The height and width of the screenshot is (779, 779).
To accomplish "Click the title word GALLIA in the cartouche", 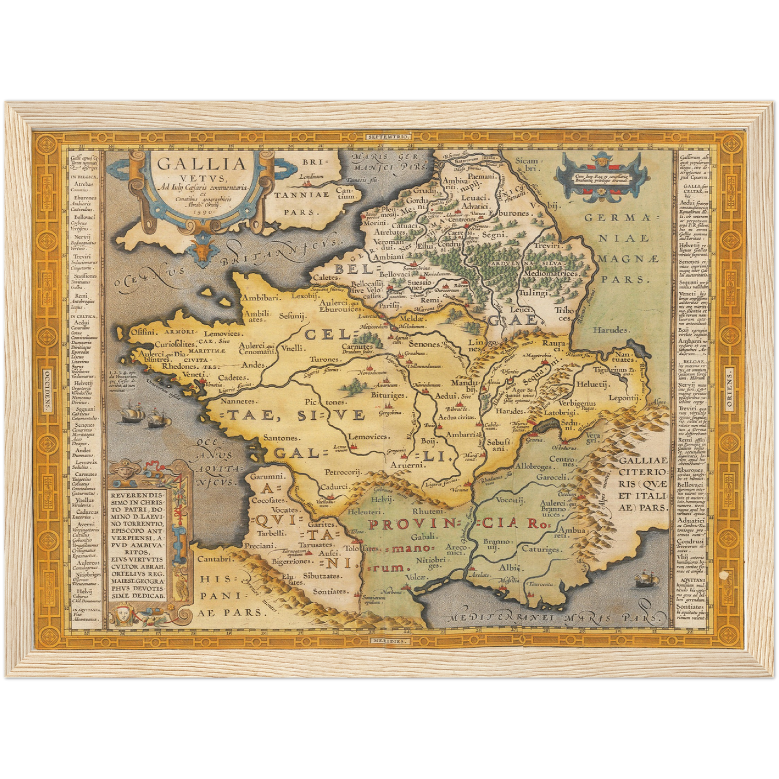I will [202, 162].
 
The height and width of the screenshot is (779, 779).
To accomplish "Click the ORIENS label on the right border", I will [729, 389].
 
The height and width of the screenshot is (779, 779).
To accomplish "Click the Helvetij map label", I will [592, 384].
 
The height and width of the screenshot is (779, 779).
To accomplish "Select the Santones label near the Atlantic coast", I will [280, 438].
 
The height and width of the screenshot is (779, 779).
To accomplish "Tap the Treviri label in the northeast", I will [548, 245].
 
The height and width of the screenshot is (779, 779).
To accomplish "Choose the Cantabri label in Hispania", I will [215, 559].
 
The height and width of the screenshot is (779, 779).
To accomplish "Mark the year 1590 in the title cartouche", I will [202, 212].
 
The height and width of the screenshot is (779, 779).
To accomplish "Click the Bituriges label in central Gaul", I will [388, 395].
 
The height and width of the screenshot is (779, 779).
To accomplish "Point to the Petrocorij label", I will [342, 472].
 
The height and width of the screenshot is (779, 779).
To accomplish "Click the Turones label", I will [324, 359].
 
